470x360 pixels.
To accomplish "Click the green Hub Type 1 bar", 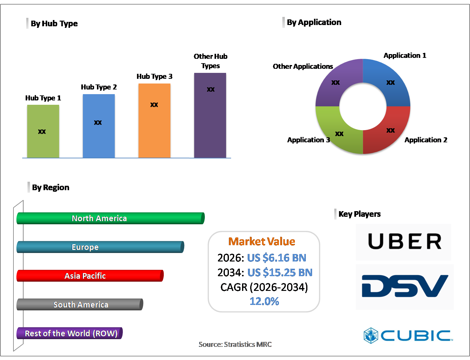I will point(43,131).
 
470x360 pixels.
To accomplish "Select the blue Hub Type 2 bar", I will point(99,126).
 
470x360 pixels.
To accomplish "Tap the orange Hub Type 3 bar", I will point(154,120).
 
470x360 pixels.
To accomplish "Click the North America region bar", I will point(110,218).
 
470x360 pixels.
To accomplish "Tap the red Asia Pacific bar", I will point(90,276).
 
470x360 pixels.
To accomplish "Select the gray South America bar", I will point(80,305).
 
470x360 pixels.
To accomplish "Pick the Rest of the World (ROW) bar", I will point(69,333).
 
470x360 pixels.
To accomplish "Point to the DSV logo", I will point(405,286).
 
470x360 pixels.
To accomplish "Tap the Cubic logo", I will point(408,336).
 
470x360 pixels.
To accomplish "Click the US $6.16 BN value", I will point(276,258).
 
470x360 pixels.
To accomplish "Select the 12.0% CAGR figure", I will point(264,301).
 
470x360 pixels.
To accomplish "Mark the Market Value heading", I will point(262,241).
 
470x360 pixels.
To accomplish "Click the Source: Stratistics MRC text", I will point(235,344).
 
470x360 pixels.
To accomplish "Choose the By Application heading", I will point(314,22).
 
